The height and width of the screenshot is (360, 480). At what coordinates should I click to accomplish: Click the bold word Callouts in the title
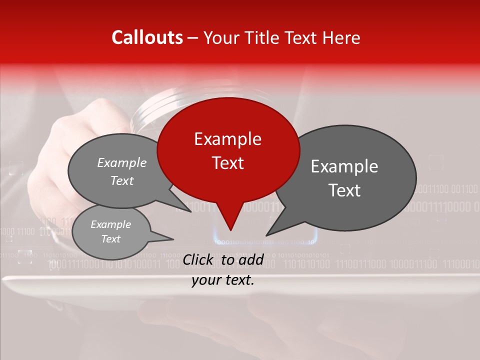click(147, 37)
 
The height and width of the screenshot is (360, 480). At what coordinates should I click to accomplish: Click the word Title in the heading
click(265, 37)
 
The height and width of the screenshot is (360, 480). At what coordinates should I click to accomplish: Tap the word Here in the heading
click(341, 37)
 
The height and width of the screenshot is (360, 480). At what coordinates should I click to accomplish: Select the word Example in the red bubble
click(227, 139)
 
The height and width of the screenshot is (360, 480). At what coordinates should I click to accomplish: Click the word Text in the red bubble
click(227, 162)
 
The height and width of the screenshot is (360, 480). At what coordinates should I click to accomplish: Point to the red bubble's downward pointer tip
click(230, 230)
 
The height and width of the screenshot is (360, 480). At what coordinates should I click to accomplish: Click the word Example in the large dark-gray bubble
click(344, 166)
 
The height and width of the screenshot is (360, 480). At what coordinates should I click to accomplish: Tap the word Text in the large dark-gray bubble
click(344, 190)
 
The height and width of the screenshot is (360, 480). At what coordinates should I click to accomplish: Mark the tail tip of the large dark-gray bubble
click(266, 235)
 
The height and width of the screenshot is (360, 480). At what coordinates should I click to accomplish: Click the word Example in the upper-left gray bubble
click(122, 162)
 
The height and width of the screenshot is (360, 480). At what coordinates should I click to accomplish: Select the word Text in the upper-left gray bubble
click(122, 180)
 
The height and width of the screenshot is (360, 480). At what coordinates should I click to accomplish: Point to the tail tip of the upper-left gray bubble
click(191, 211)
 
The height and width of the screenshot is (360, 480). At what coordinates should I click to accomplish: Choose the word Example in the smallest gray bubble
click(110, 224)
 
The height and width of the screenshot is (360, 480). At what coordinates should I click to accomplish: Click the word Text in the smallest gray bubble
click(110, 239)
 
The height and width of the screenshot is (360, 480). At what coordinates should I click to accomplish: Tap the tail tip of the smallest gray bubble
click(173, 239)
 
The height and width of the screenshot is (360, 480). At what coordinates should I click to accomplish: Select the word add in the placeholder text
click(251, 259)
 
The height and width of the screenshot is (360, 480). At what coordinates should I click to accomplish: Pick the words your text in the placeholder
click(223, 280)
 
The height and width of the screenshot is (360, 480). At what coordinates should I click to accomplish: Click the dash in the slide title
click(193, 37)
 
